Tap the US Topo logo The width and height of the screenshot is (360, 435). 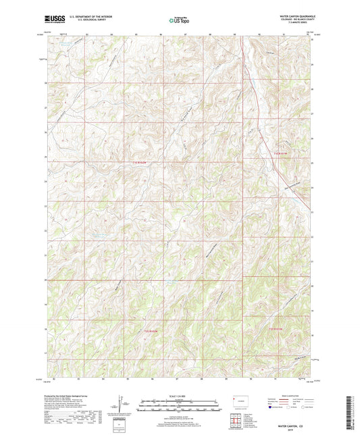tap(179, 21)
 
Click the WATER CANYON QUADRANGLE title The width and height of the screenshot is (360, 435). tap(289, 14)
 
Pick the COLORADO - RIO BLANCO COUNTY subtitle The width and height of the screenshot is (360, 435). tap(289, 18)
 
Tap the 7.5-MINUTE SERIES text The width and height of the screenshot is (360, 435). tap(296, 21)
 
